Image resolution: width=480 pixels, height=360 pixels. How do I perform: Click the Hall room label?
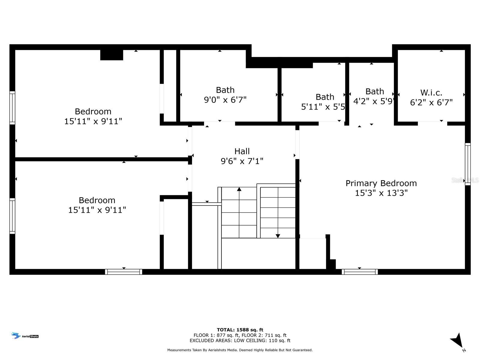(242, 151)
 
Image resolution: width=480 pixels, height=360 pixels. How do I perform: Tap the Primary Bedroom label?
(381, 183)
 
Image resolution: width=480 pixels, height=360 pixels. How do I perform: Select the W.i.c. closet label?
(431, 93)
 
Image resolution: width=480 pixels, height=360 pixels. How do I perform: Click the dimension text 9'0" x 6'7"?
(225, 100)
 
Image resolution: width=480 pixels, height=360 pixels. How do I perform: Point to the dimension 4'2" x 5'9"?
(373, 101)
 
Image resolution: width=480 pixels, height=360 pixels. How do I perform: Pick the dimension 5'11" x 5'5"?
(323, 107)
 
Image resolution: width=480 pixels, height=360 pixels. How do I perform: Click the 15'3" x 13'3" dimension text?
(381, 193)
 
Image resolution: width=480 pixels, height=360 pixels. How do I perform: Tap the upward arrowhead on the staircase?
(239, 189)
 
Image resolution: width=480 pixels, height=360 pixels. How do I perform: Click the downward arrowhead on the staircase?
(278, 236)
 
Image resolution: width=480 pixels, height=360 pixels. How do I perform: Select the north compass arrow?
(457, 341)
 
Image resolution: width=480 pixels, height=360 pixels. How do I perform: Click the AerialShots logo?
(25, 336)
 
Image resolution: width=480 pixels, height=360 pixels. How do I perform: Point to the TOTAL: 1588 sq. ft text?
(240, 330)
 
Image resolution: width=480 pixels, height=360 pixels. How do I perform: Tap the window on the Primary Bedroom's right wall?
(468, 164)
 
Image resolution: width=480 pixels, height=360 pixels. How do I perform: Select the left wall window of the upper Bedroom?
(12, 108)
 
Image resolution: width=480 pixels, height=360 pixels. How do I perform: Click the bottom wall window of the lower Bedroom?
(124, 272)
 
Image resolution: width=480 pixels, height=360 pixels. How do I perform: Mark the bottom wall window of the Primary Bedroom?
(359, 272)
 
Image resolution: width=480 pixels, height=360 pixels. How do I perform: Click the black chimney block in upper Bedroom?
(112, 55)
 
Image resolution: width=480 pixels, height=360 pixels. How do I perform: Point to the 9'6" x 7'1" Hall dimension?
(242, 161)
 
